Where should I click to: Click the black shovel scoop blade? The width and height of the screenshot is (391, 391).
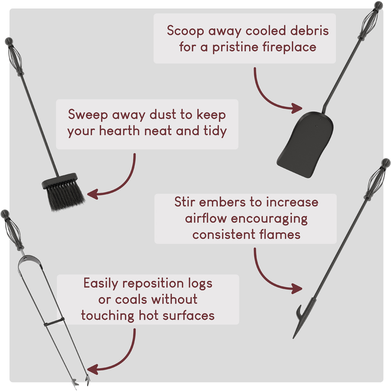pos(305,145)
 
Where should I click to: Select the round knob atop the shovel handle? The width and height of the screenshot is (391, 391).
pos(378,5)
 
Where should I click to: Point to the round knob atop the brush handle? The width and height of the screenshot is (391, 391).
pos(9,41)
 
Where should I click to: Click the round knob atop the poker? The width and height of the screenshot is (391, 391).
pos(386,163)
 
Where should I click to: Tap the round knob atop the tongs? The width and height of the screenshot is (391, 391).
pos(5,214)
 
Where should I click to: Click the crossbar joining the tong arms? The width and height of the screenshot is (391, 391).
pos(54,322)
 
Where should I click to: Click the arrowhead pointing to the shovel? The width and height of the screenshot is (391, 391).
pos(297,108)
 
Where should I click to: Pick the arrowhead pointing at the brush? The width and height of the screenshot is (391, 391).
pos(92,194)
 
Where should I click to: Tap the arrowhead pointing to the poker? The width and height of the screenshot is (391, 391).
pos(297,289)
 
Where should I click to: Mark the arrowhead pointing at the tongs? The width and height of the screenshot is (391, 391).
pos(92,369)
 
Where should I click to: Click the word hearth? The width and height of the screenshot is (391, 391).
pos(119,131)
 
